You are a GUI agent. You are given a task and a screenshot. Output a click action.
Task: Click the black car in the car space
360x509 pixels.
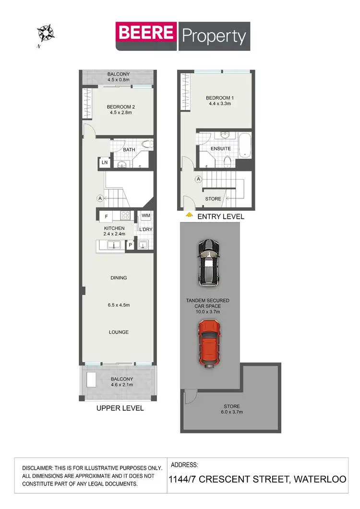click(x=209, y=263)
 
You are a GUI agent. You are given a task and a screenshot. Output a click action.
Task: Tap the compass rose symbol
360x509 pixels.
click(x=46, y=33)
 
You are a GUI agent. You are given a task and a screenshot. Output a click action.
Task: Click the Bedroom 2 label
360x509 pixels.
click(x=120, y=107)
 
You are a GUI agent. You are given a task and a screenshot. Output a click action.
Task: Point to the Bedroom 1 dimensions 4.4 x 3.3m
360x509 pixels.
click(x=219, y=103)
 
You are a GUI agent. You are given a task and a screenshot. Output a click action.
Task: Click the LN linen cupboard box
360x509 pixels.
click(x=104, y=163)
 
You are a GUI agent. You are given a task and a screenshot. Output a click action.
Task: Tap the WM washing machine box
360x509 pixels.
click(x=145, y=216)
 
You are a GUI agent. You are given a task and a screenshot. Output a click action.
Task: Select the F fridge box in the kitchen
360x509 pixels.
click(x=107, y=216)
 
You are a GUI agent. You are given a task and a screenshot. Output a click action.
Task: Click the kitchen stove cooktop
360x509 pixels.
click(x=126, y=216)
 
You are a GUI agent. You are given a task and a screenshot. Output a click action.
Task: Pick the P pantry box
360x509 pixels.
click(x=130, y=245)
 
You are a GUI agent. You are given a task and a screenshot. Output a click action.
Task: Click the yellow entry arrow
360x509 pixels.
click(x=190, y=215)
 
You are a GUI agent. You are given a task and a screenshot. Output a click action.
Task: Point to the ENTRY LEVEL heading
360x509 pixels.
click(x=221, y=217)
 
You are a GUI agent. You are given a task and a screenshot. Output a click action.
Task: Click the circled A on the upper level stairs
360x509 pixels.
click(x=100, y=198)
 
